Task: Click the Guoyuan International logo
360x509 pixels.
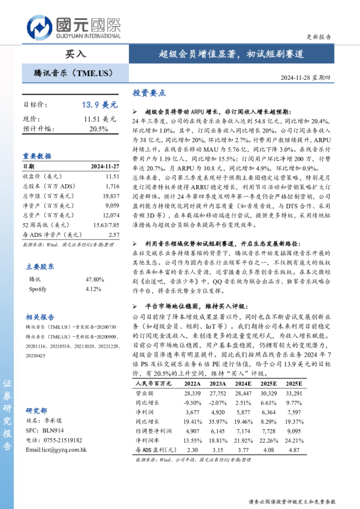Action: [x=73, y=27]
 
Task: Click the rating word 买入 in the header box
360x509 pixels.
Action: [x=76, y=54]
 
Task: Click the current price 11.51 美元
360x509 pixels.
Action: [x=100, y=119]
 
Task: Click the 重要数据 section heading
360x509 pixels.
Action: [x=38, y=155]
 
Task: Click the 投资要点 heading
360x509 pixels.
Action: [x=149, y=93]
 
